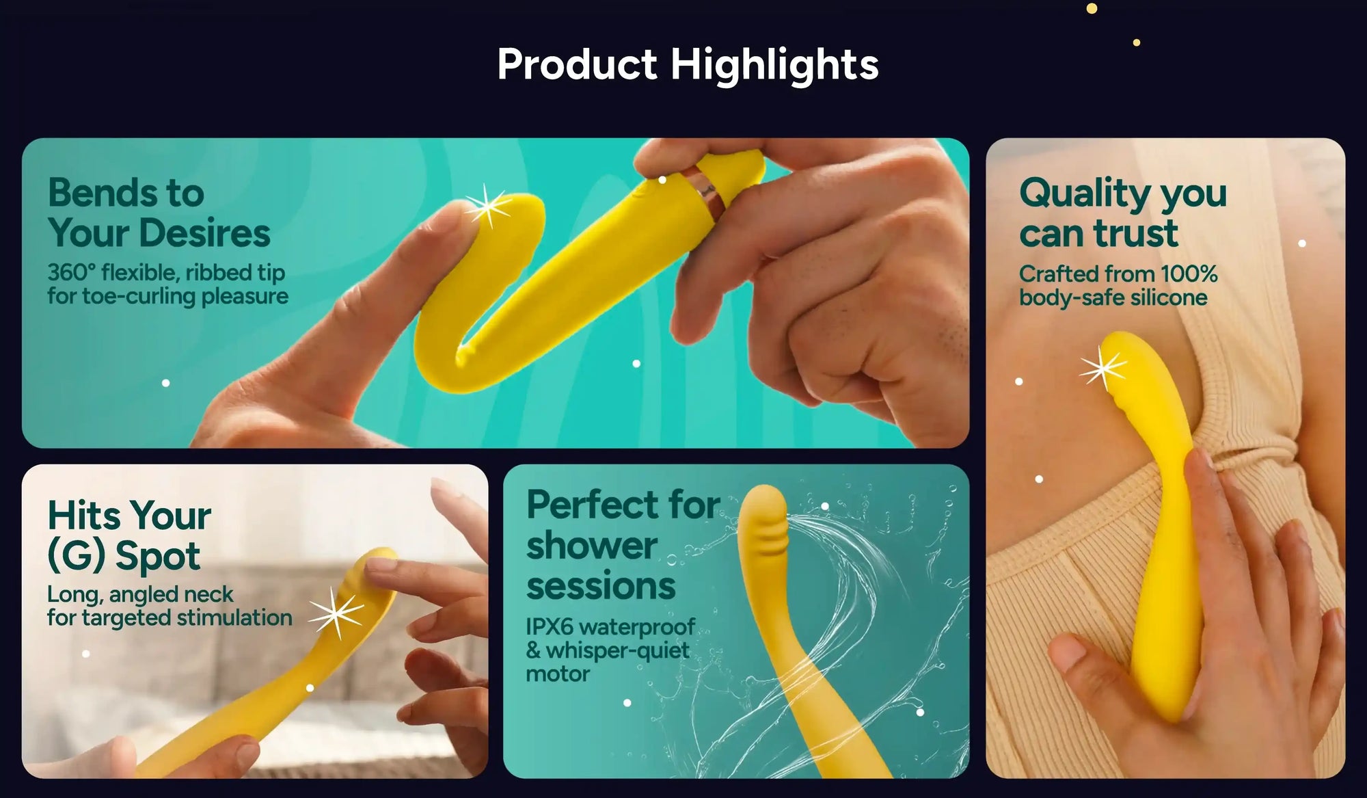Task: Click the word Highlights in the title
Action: tap(774, 64)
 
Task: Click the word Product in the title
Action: tap(577, 64)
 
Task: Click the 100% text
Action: tap(1189, 274)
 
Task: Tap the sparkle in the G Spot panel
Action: tap(336, 613)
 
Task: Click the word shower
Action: tap(592, 546)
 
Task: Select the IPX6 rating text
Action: tap(550, 626)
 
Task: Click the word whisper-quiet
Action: tap(617, 650)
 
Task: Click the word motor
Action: tap(558, 674)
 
